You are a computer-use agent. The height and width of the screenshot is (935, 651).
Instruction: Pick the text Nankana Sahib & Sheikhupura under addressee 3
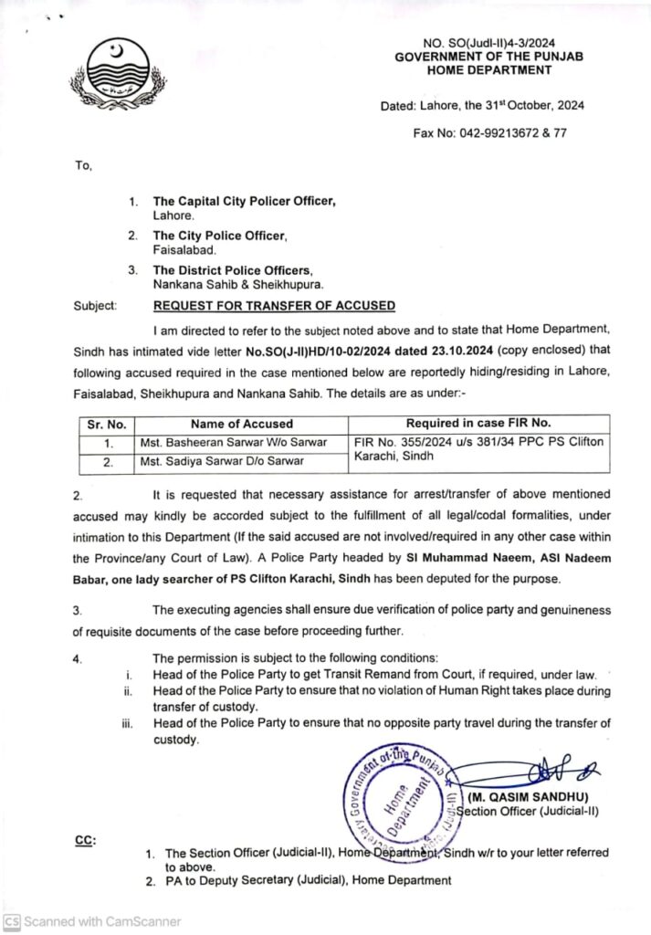(x=225, y=284)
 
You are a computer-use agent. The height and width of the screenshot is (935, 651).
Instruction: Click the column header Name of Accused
(x=242, y=424)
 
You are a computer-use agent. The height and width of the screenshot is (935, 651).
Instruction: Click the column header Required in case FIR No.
(x=478, y=423)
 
